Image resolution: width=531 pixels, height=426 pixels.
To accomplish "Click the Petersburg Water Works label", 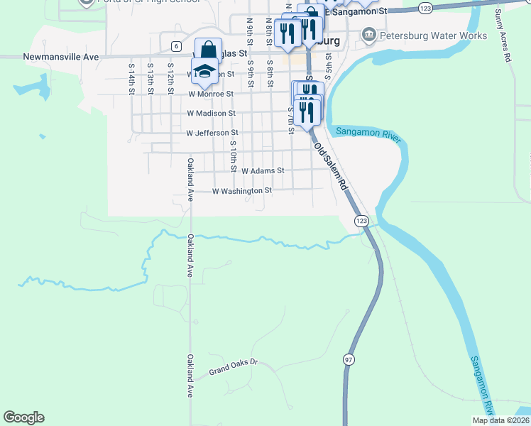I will (x=433, y=35).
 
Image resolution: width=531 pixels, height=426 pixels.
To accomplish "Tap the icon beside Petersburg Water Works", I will (x=368, y=35).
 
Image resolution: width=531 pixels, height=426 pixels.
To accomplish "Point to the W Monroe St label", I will (x=211, y=93).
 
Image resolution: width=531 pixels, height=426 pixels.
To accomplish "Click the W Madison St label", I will (x=211, y=113).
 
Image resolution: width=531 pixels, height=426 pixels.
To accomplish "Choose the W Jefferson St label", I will (x=212, y=133).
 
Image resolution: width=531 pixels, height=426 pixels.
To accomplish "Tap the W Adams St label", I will (x=262, y=171).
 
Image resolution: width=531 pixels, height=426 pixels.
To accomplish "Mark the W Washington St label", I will (x=242, y=191).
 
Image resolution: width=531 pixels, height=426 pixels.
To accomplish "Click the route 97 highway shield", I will (x=349, y=359).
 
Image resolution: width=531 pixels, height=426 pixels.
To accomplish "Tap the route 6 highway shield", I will (x=175, y=46).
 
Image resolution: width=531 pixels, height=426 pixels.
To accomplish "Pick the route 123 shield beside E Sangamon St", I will (x=425, y=8).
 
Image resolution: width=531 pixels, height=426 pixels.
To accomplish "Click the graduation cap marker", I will (x=205, y=71).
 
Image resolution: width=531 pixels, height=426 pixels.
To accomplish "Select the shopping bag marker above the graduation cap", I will (x=207, y=50).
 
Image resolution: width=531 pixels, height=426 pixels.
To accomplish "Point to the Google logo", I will (x=23, y=417).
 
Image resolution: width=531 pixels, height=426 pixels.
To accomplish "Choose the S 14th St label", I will (x=132, y=78).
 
